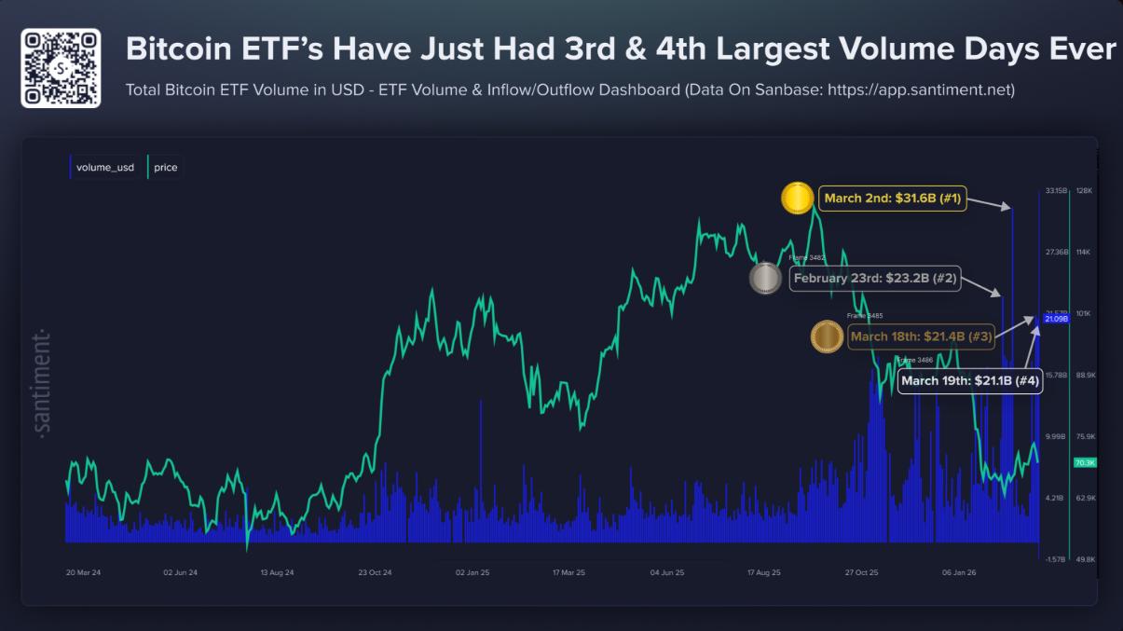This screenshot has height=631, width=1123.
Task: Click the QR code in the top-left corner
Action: [61, 68]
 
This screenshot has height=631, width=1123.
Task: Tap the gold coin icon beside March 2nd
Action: [798, 199]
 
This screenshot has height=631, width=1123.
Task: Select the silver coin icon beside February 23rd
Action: [765, 279]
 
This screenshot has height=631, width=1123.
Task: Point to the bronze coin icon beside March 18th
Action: [827, 336]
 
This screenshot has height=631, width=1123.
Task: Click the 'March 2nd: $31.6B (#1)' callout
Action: [892, 199]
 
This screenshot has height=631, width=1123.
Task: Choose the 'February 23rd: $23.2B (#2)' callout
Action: [874, 279]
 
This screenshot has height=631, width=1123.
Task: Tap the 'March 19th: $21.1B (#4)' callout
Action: [969, 381]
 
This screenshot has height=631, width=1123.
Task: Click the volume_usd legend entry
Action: [103, 168]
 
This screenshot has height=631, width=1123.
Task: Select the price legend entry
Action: [164, 168]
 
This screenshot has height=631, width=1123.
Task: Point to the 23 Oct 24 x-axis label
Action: [374, 572]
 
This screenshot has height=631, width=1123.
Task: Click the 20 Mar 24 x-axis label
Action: [84, 572]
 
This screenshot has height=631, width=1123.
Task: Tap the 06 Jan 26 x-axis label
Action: [960, 572]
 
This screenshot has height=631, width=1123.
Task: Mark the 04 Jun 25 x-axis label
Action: [667, 572]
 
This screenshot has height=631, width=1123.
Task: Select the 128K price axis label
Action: [1084, 191]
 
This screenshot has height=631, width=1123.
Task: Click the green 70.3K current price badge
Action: [1085, 462]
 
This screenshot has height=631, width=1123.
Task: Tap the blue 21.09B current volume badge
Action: [1055, 320]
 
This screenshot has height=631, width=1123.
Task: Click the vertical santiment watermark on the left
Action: [43, 383]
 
